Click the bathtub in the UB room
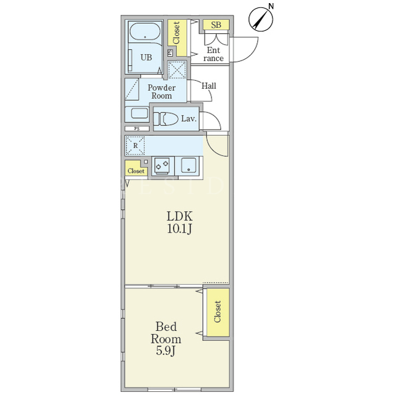[x=145, y=32]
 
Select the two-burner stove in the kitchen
[x=163, y=165]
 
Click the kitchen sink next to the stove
[x=188, y=165]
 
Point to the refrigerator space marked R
[x=135, y=146]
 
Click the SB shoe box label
[x=216, y=25]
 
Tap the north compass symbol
[x=261, y=19]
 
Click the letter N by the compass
[x=271, y=6]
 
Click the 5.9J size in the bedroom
[x=165, y=351]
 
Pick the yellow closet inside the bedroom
[x=218, y=312]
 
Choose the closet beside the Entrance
[x=177, y=38]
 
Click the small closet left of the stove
[x=136, y=168]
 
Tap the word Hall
[x=208, y=86]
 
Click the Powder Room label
[x=162, y=92]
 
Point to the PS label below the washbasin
[x=137, y=129]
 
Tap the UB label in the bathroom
[x=146, y=57]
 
